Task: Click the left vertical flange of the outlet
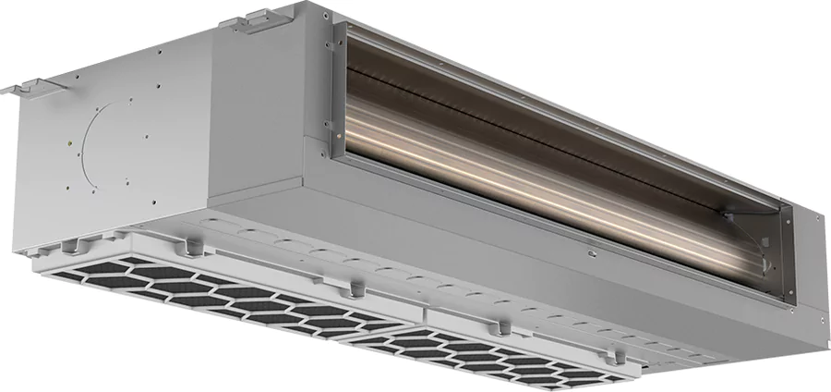327,92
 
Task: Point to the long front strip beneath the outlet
517,259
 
